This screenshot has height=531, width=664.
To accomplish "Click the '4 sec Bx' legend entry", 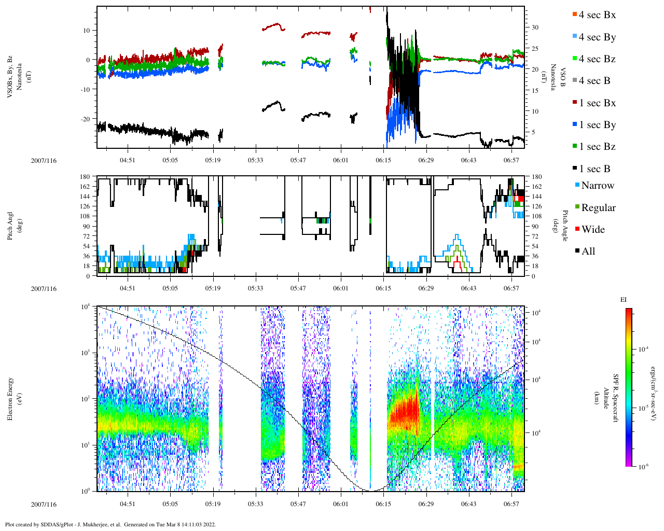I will (x=597, y=15).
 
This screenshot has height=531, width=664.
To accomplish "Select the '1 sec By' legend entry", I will (x=597, y=125).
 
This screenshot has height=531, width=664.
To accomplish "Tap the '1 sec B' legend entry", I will (x=594, y=169).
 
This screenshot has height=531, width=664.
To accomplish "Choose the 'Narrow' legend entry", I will (x=597, y=186).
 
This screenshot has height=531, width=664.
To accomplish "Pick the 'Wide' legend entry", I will (x=592, y=230).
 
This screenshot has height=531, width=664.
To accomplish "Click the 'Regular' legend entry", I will (x=598, y=208).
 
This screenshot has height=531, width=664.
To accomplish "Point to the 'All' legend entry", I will (x=588, y=251).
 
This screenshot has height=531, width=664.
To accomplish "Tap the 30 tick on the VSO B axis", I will (x=534, y=27).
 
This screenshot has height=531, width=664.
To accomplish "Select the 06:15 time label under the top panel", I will (x=383, y=160).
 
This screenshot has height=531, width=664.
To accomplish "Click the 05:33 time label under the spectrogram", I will (x=255, y=504).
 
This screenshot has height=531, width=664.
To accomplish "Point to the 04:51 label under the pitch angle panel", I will (x=128, y=288).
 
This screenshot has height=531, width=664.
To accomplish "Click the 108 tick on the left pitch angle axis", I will (x=86, y=216).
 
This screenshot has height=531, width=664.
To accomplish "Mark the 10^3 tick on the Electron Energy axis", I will (x=86, y=353).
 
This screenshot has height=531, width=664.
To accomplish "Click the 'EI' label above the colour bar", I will (x=624, y=300).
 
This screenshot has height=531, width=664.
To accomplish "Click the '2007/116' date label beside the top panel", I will (x=44, y=161).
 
